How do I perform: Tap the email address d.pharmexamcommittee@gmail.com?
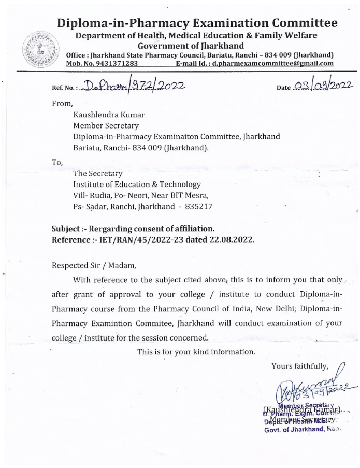click(x=275, y=63)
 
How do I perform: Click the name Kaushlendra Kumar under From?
click(x=108, y=114)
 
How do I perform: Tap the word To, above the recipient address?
click(x=57, y=162)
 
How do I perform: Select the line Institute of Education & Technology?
click(x=137, y=185)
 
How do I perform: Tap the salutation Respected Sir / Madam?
click(x=93, y=266)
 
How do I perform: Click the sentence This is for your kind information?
click(x=196, y=352)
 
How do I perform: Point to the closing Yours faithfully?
click(x=299, y=367)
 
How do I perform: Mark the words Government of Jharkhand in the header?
click(x=183, y=46)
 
